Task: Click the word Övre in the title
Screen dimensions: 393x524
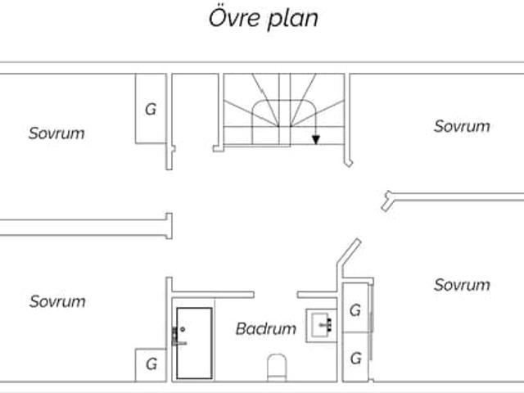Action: pos(233,19)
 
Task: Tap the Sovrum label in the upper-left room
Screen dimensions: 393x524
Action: pos(56,133)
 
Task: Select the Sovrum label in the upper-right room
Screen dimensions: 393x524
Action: pos(462,126)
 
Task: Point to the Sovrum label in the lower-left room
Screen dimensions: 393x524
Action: pos(57,301)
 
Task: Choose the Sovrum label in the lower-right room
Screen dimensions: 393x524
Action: pos(462,285)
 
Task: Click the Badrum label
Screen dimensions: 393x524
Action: pos(265,329)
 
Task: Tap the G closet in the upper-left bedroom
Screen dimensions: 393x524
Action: pos(151,108)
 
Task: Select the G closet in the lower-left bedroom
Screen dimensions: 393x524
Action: pos(151,364)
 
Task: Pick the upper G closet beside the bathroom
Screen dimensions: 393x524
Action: pos(355,311)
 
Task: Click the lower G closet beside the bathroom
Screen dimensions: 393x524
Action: pos(355,358)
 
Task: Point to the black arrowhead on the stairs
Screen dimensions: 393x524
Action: pos(316,140)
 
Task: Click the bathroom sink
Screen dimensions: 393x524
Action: pos(319,325)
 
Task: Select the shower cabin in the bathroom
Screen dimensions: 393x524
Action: pos(194,341)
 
